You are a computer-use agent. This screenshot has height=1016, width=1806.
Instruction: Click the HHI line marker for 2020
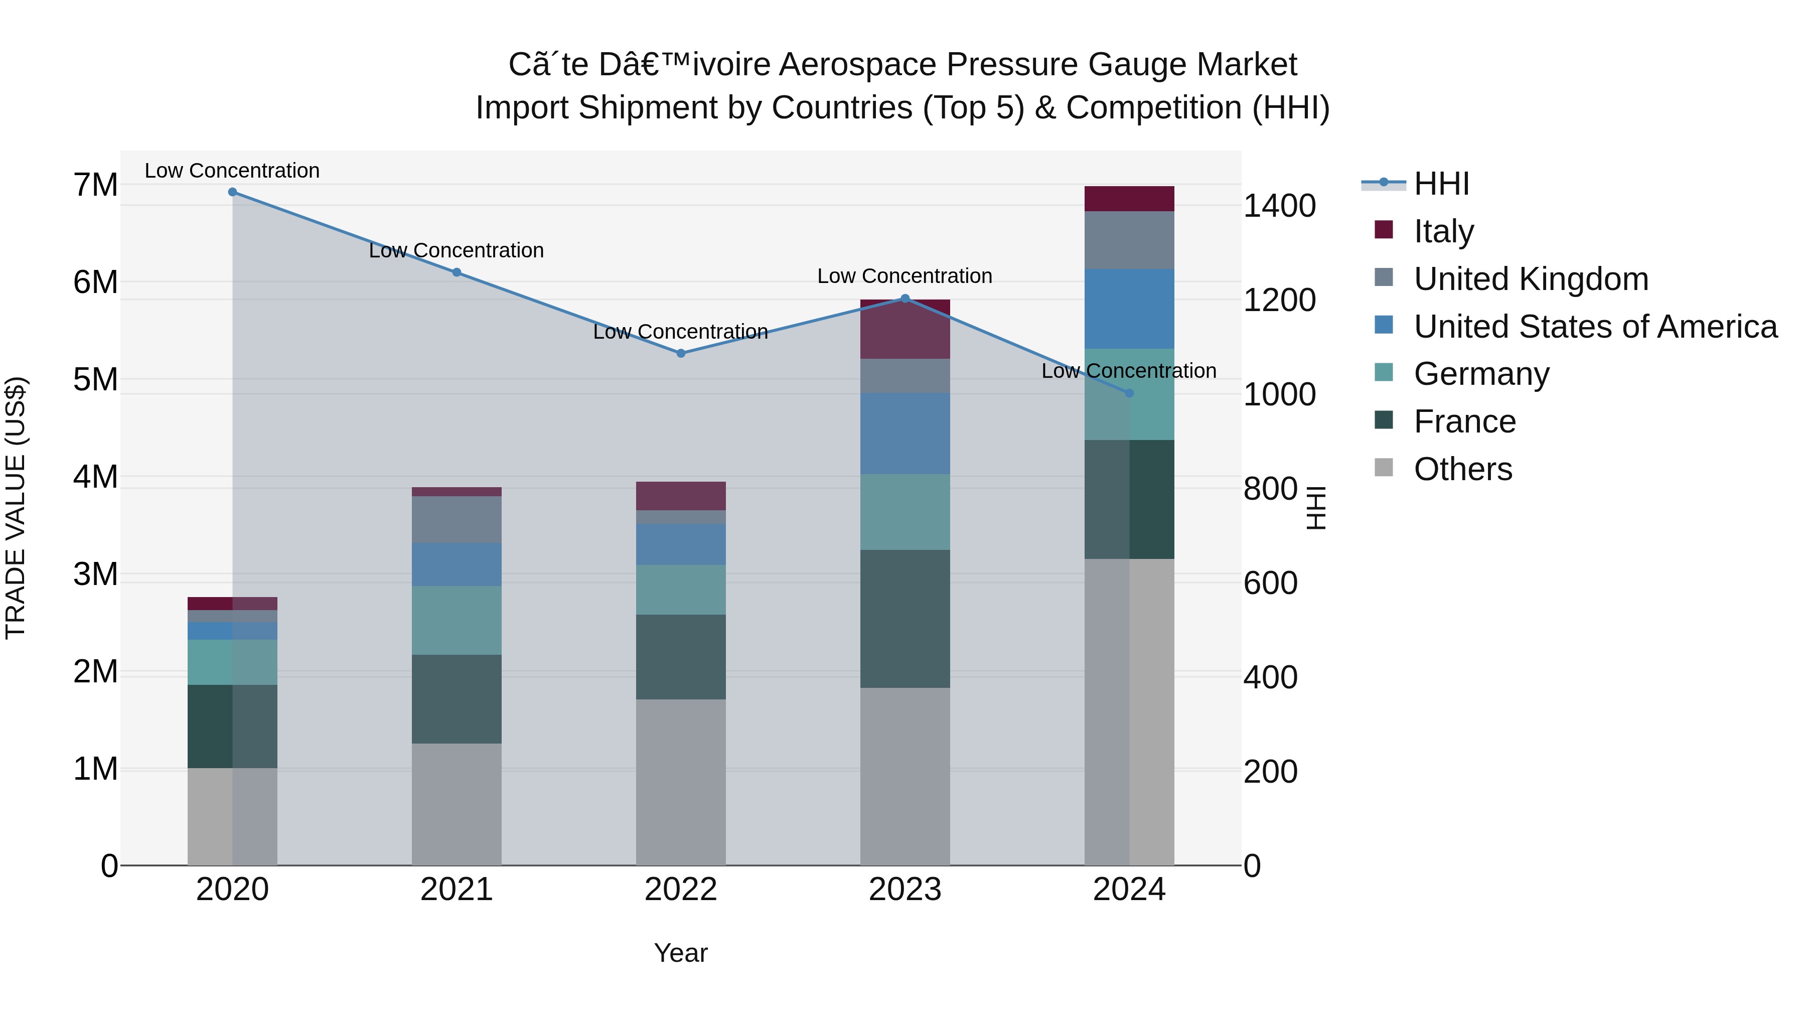click(233, 192)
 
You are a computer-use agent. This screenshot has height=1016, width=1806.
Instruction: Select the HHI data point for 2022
click(681, 353)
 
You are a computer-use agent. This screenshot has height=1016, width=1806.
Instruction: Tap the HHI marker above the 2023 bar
click(905, 299)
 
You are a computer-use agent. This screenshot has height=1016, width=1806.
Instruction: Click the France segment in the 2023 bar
click(905, 619)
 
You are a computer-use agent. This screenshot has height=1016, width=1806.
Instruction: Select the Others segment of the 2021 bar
click(457, 804)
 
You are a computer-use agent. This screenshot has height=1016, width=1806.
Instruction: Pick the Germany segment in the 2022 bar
click(681, 590)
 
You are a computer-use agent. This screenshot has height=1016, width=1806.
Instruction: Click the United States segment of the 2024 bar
click(1129, 309)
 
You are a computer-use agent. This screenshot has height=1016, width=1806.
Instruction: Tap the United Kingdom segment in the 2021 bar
click(457, 520)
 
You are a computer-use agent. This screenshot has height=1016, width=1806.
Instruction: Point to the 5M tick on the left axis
click(95, 380)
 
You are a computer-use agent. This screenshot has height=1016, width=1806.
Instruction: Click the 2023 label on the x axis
click(905, 890)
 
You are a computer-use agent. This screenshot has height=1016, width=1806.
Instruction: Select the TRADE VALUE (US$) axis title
click(16, 508)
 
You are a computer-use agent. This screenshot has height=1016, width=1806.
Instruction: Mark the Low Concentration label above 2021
click(457, 250)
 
